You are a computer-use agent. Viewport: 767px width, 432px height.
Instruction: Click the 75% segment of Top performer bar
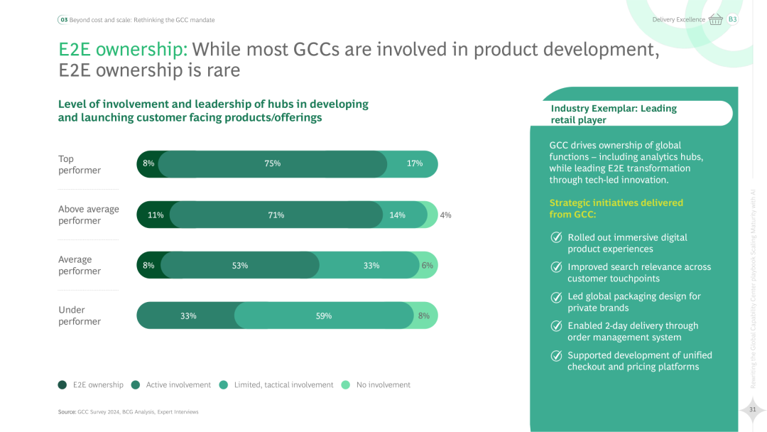[x=272, y=163]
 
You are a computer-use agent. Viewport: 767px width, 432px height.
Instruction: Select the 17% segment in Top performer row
[x=415, y=163]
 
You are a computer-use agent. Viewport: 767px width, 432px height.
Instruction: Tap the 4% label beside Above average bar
[x=445, y=215]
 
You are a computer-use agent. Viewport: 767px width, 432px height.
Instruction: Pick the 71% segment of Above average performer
[x=276, y=215]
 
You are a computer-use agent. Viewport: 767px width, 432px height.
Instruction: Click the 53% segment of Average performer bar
[x=240, y=265]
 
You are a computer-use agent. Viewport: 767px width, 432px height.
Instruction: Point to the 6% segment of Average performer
[x=428, y=265]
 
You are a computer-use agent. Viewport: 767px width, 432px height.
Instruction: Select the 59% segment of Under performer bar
[x=324, y=315]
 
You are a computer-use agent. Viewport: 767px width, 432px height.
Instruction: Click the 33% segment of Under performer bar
[x=187, y=315]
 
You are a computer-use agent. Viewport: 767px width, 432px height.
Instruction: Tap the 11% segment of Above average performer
[x=155, y=215]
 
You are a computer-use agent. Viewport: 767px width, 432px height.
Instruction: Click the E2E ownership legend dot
[x=62, y=385]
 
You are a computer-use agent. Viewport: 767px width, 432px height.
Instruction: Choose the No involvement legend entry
[x=383, y=385]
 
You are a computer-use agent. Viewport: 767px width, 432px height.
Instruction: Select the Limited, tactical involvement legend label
[x=283, y=385]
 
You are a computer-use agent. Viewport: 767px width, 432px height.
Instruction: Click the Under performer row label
[x=80, y=315]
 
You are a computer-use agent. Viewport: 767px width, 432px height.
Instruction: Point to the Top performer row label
[x=80, y=164]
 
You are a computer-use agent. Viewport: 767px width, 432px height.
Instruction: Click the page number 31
[x=752, y=409]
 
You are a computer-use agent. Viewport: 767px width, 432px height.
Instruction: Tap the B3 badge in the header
[x=732, y=19]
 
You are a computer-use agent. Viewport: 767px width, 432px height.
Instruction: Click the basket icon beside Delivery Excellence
[x=715, y=19]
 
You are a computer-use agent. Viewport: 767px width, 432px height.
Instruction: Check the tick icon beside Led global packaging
[x=557, y=297]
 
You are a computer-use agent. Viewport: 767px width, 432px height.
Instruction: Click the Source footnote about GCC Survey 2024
[x=128, y=411]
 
